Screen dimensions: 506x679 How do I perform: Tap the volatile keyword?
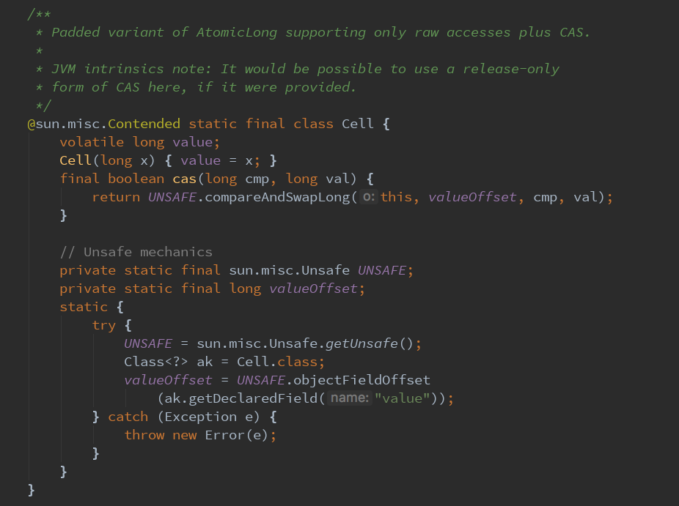point(92,142)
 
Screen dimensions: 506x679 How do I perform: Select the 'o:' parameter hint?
point(369,197)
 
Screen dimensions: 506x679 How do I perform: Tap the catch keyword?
point(128,417)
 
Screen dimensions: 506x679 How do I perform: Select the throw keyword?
point(144,435)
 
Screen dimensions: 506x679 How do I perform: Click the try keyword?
point(103,325)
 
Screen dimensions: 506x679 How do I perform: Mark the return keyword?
point(116,197)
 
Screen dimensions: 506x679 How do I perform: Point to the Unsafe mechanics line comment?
point(136,252)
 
